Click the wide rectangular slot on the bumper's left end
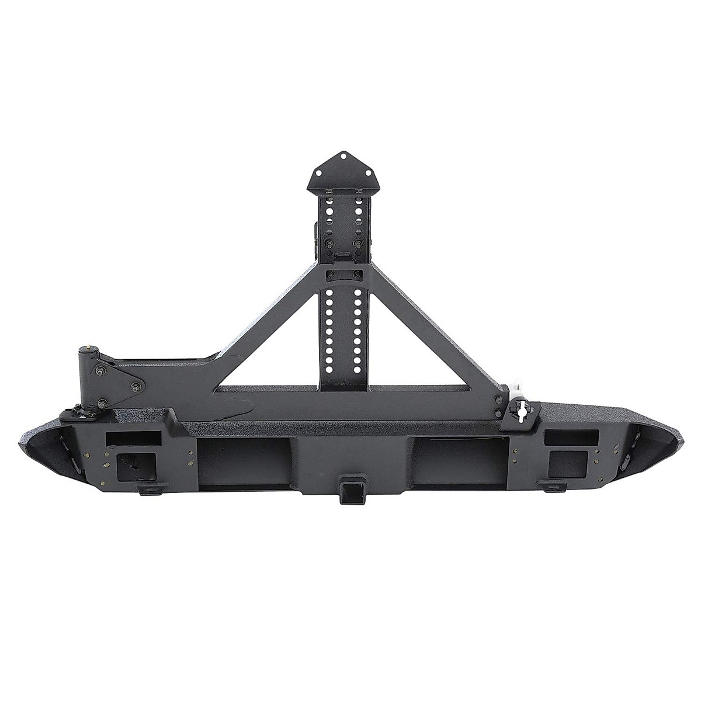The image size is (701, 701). (134, 438)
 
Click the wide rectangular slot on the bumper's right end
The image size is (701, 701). (570, 437)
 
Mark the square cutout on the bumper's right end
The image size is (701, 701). (567, 464)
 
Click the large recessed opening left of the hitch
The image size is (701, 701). (244, 461)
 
